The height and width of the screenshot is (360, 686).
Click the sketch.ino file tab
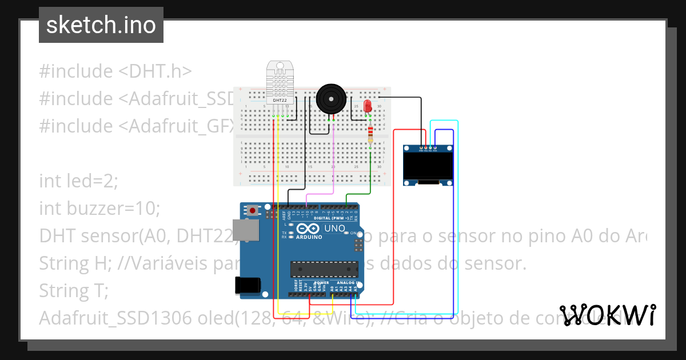[101, 25]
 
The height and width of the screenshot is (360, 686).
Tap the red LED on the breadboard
[368, 106]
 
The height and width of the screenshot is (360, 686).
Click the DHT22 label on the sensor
[280, 101]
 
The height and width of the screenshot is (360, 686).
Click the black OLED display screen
[428, 166]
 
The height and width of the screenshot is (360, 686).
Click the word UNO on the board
[335, 228]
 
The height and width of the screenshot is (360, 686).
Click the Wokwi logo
[608, 315]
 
